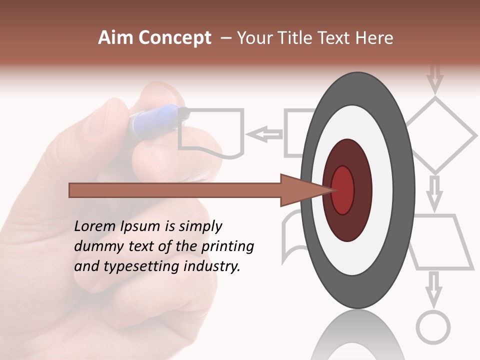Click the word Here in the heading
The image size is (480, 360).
tap(375, 38)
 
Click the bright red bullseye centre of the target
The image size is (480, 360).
tap(342, 190)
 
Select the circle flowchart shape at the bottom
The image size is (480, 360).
tap(433, 327)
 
